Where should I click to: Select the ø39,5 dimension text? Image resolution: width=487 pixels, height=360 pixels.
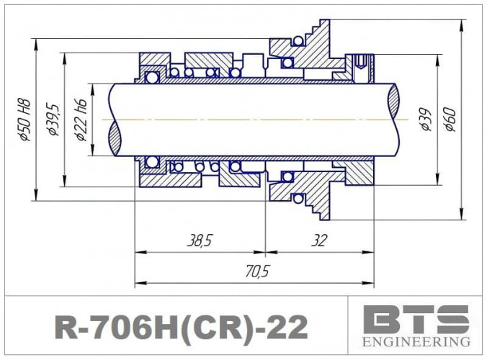(x=53, y=119)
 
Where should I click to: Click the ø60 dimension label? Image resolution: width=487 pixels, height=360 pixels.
(x=449, y=119)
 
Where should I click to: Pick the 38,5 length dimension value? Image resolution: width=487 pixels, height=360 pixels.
(x=199, y=240)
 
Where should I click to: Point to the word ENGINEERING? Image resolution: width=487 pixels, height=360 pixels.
(x=416, y=341)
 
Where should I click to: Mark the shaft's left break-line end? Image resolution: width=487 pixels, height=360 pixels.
(x=115, y=119)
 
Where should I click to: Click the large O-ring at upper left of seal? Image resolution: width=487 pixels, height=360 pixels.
(x=151, y=76)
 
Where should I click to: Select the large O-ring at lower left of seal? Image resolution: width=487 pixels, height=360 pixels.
(x=151, y=161)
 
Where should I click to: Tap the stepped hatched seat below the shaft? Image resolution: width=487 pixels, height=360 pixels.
(x=306, y=192)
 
